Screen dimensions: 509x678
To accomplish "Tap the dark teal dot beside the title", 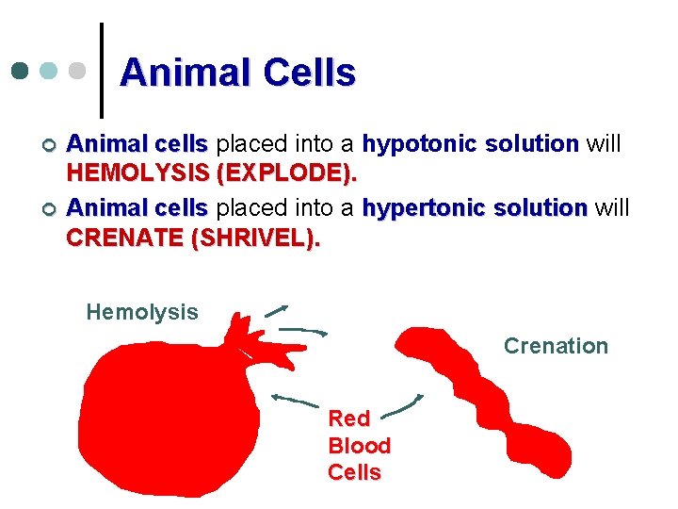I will [x=20, y=72].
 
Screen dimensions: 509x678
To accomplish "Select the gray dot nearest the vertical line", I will [x=78, y=72].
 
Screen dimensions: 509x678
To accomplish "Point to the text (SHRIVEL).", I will [x=255, y=238].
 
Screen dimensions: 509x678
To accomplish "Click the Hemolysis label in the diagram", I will [x=142, y=312].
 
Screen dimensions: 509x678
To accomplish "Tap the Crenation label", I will [x=556, y=346].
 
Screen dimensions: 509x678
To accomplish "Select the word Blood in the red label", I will [x=359, y=445].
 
